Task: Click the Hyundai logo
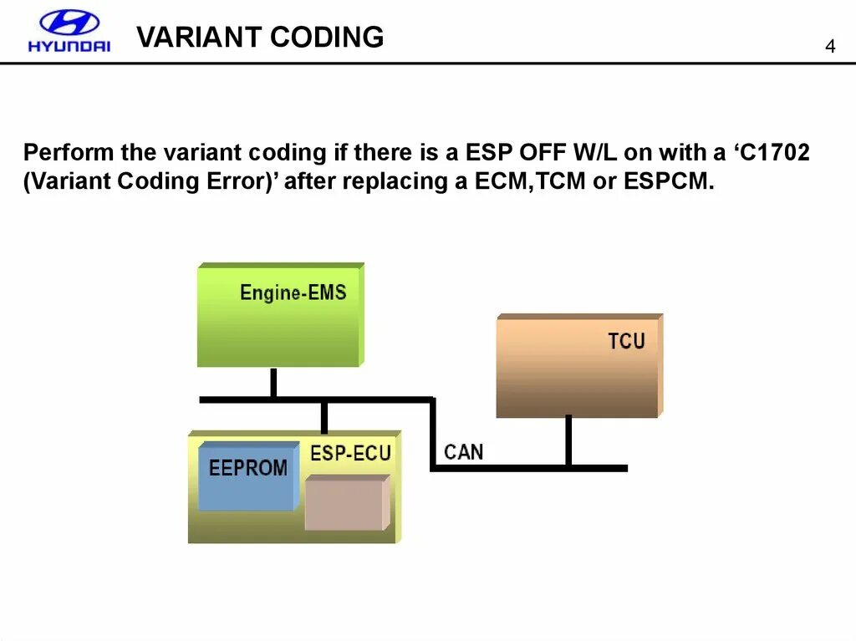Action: coord(69,31)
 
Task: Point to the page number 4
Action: coord(829,46)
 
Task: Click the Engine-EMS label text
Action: coord(293,293)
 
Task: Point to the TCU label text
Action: coord(626,341)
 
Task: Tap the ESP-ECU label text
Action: coord(350,453)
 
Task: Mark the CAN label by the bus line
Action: coord(463,452)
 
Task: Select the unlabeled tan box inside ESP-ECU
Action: coord(345,503)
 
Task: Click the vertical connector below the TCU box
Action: coord(568,440)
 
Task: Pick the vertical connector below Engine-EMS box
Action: coord(273,383)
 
